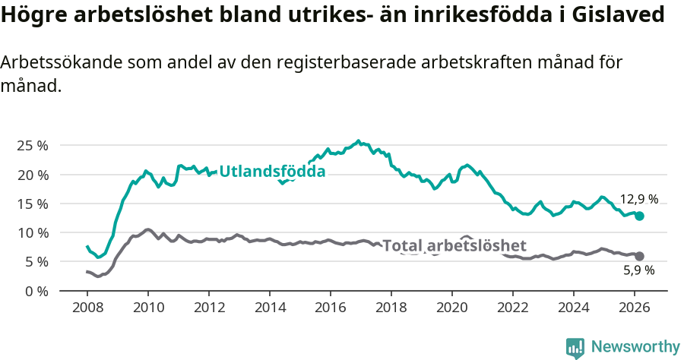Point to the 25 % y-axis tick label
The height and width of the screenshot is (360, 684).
33,146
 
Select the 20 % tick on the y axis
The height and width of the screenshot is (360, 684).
33,175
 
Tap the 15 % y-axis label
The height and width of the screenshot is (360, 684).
33,204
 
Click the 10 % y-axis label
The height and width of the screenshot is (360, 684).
33,232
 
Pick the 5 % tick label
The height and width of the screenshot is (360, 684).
36,262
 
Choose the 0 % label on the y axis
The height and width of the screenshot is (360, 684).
36,291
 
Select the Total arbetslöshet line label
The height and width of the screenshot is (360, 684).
454,245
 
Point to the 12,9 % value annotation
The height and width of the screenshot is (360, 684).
638,200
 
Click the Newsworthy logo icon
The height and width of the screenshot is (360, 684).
575,348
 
